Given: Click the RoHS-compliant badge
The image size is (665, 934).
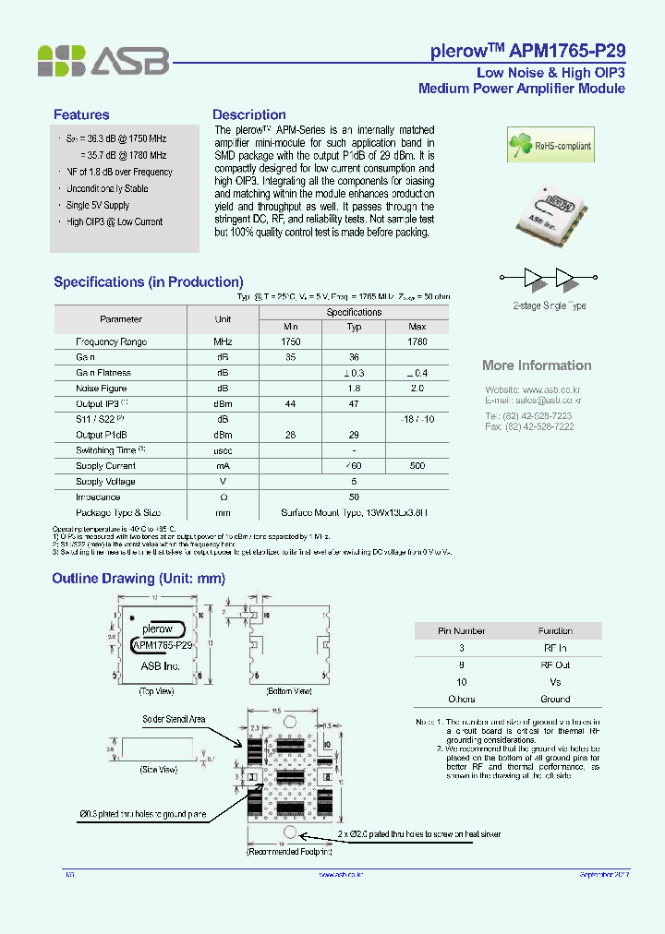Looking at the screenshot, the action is (550, 145).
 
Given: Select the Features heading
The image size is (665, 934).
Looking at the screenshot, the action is (81, 115).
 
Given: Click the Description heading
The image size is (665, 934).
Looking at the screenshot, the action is (249, 115).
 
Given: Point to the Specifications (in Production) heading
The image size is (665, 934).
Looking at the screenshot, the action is (148, 282).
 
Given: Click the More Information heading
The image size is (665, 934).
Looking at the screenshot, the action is (537, 365).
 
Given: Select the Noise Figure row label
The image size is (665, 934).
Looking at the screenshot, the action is (102, 389).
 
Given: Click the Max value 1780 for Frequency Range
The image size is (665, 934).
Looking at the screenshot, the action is (417, 341).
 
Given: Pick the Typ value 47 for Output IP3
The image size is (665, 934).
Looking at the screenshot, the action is (354, 404).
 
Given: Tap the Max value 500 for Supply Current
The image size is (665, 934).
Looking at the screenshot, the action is (417, 466).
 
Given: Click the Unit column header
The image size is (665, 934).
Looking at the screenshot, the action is (223, 319).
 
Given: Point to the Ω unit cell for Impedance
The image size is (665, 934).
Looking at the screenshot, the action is (223, 497).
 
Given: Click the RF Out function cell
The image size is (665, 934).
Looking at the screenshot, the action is (555, 665).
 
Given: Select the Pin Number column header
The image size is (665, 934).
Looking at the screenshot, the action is (461, 631).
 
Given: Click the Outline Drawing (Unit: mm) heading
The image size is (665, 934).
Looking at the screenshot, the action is (139, 579).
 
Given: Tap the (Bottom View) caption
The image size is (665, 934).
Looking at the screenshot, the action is (289, 690).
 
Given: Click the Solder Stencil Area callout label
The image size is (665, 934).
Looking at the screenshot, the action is (174, 719).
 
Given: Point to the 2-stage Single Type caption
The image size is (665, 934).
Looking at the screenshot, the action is (550, 305).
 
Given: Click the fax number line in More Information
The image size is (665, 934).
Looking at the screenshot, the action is (529, 426).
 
